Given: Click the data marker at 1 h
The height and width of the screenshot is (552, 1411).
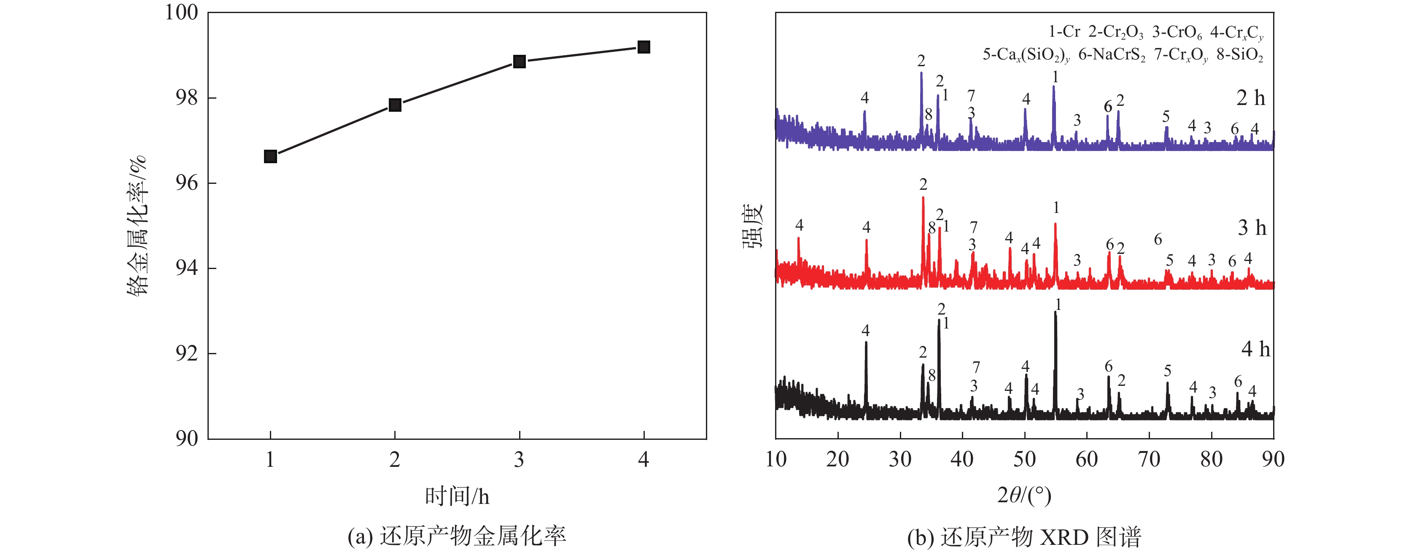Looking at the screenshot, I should pyautogui.click(x=270, y=156).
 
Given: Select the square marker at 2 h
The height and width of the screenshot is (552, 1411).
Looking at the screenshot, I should pyautogui.click(x=395, y=105).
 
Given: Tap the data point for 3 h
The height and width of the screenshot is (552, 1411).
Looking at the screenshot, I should pyautogui.click(x=519, y=61).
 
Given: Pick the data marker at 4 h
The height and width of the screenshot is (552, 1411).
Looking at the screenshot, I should pyautogui.click(x=644, y=47).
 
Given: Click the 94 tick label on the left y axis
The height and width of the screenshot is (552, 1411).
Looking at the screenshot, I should pyautogui.click(x=186, y=268).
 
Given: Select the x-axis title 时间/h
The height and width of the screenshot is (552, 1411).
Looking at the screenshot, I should pyautogui.click(x=457, y=496).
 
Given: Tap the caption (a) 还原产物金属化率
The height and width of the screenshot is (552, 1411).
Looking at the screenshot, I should pyautogui.click(x=457, y=536).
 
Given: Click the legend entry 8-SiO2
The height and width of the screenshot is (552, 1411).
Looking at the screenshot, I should pyautogui.click(x=1239, y=55).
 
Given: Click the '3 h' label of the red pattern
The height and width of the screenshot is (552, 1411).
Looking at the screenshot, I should pyautogui.click(x=1252, y=228).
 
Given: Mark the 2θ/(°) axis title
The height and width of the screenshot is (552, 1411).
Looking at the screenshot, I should pyautogui.click(x=1024, y=495).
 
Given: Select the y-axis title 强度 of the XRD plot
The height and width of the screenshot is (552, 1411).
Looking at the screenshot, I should pyautogui.click(x=753, y=226).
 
